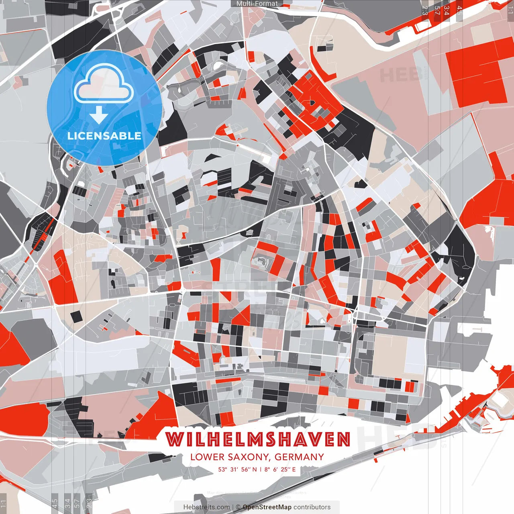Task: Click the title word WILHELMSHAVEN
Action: point(258,440)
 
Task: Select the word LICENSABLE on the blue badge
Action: point(104,136)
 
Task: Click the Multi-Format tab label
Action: point(257,4)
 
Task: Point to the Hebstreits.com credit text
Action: point(206,507)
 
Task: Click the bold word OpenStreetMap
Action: point(267,507)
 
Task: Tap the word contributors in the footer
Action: point(312,507)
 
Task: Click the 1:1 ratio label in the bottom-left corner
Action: point(4,504)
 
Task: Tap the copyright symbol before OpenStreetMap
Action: point(238,507)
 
